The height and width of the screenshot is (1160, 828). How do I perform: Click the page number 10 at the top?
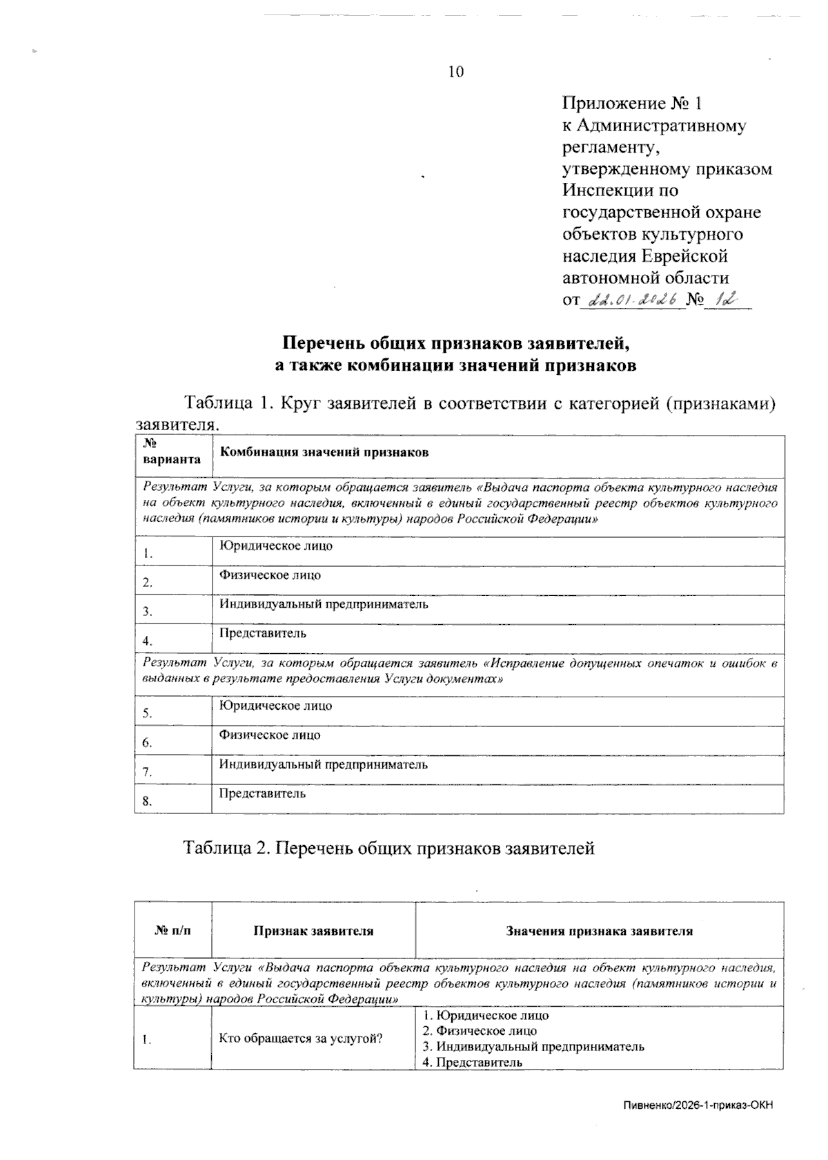tap(456, 72)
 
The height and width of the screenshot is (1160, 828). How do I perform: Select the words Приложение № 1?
tap(632, 104)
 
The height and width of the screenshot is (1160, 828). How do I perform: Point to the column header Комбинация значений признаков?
tap(324, 452)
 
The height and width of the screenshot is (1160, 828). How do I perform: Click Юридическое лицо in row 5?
tap(276, 706)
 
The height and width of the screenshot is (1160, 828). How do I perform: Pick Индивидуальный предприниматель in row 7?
tap(324, 764)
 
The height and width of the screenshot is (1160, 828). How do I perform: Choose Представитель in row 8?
tap(263, 793)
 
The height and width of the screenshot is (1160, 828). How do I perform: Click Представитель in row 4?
tap(263, 633)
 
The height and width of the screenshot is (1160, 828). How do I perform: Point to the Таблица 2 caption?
tap(388, 848)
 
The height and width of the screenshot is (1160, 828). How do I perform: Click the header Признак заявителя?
tap(314, 931)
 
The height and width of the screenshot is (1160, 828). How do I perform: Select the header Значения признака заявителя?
tap(599, 931)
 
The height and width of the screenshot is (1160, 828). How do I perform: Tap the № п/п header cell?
tap(173, 931)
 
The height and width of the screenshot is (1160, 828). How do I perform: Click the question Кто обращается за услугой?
tap(301, 1038)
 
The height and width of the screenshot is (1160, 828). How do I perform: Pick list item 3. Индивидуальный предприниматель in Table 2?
tap(533, 1046)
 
